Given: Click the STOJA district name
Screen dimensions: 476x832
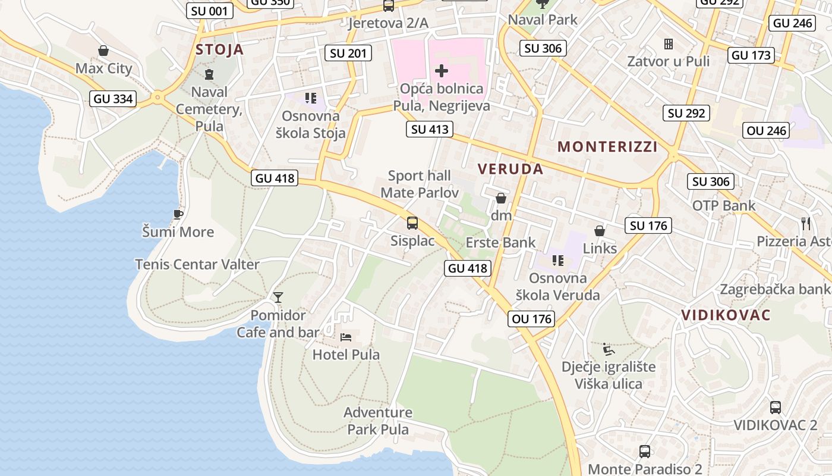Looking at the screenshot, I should [219, 49].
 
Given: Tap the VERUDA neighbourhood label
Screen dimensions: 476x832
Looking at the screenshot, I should [510, 169].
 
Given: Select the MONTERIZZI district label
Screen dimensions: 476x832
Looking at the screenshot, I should [607, 147].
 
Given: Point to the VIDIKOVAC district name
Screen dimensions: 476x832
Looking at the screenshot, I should [726, 315].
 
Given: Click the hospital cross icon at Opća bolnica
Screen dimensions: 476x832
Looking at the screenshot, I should [441, 71].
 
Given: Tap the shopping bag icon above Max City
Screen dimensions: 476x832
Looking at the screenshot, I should [103, 51].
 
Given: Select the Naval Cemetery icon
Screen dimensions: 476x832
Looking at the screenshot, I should [209, 74].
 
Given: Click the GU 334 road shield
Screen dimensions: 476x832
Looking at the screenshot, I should [114, 99].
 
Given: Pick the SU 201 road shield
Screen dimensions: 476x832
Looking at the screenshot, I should [348, 53].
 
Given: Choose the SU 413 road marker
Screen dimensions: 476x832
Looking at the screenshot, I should [430, 129].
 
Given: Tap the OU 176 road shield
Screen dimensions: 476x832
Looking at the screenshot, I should [532, 319].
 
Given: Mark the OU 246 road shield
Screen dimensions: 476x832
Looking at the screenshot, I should [767, 130].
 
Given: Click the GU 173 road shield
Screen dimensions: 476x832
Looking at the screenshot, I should [751, 55].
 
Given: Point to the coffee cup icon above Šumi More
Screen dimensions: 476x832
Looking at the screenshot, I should [177, 214].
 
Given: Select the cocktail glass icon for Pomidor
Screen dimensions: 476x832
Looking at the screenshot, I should [278, 297].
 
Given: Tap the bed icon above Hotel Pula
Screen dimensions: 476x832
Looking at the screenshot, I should [346, 337].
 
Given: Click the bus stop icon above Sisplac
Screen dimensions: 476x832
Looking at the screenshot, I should [412, 223].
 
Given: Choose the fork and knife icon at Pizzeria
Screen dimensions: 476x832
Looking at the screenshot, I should [806, 224].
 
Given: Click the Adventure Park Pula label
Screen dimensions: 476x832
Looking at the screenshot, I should [378, 421].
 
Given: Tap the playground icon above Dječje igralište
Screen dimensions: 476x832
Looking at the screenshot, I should [608, 349].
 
